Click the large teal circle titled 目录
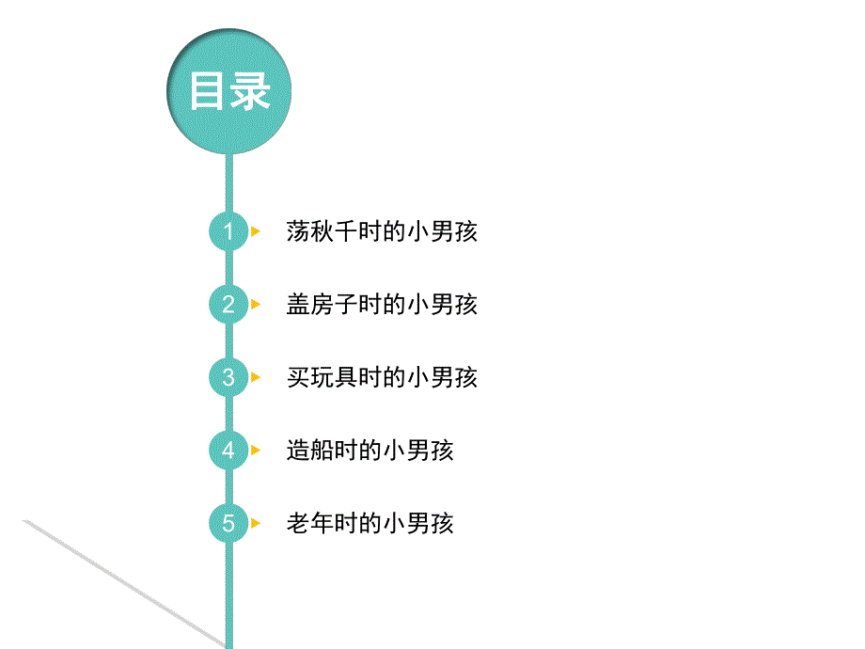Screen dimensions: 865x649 click(x=228, y=92)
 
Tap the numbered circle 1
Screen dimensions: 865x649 click(x=228, y=231)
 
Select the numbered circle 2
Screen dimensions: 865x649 click(x=228, y=305)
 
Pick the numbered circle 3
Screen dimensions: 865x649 click(x=228, y=377)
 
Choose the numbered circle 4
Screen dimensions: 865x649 click(x=228, y=451)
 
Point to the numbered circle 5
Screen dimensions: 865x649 click(x=228, y=523)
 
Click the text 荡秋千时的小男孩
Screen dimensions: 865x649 click(x=382, y=231)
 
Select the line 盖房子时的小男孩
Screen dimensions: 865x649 click(x=382, y=305)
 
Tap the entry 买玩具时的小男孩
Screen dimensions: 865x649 click(x=382, y=377)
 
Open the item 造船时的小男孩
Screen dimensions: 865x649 click(x=370, y=451)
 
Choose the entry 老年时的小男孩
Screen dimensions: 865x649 click(x=370, y=523)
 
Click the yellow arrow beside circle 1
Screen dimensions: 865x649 click(x=256, y=231)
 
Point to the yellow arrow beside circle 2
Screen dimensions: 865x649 click(x=256, y=305)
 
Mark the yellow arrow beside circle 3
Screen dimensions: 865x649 click(x=256, y=377)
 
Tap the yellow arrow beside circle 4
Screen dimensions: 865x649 click(x=256, y=451)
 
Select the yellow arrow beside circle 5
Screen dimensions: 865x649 click(x=256, y=523)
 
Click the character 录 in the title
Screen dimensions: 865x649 click(x=250, y=92)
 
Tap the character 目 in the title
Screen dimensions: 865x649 click(x=208, y=92)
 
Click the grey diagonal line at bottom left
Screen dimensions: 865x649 click(x=122, y=583)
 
